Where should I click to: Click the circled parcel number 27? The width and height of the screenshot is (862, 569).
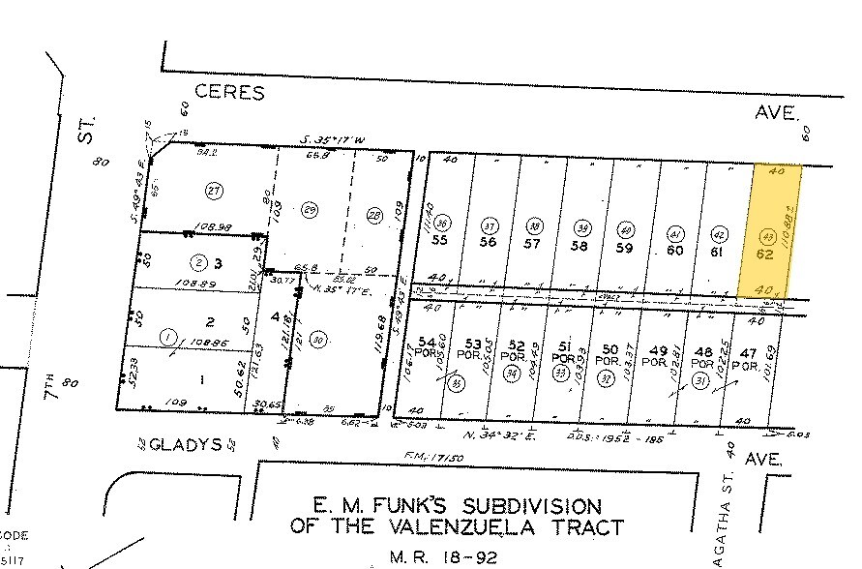click(215, 191)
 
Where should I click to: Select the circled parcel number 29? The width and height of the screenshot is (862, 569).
click(311, 210)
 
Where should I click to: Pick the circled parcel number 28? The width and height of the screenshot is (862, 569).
click(375, 214)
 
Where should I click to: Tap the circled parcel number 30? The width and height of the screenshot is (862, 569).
click(319, 338)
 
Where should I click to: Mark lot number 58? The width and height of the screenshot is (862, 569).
click(580, 246)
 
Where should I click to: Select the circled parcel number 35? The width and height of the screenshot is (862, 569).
click(456, 382)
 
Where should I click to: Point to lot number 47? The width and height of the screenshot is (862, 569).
click(747, 354)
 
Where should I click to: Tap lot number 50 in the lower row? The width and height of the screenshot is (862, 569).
click(609, 349)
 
